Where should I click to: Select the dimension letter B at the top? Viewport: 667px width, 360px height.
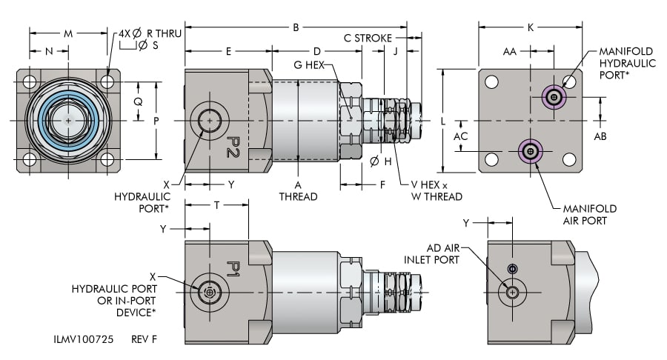tap(296, 27)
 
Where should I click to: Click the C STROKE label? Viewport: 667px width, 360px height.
tap(368, 37)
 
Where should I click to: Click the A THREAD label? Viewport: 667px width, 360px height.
tap(298, 190)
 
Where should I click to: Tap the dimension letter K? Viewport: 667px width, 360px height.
tap(531, 27)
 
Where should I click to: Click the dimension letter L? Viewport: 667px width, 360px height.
tap(443, 119)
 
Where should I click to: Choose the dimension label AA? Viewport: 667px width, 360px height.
tap(510, 52)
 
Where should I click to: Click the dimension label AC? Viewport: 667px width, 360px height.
tap(461, 136)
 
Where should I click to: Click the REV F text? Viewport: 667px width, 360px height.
tap(145, 340)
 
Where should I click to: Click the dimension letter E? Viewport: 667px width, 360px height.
tap(228, 52)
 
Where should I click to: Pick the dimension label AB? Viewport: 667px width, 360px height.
tap(601, 136)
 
